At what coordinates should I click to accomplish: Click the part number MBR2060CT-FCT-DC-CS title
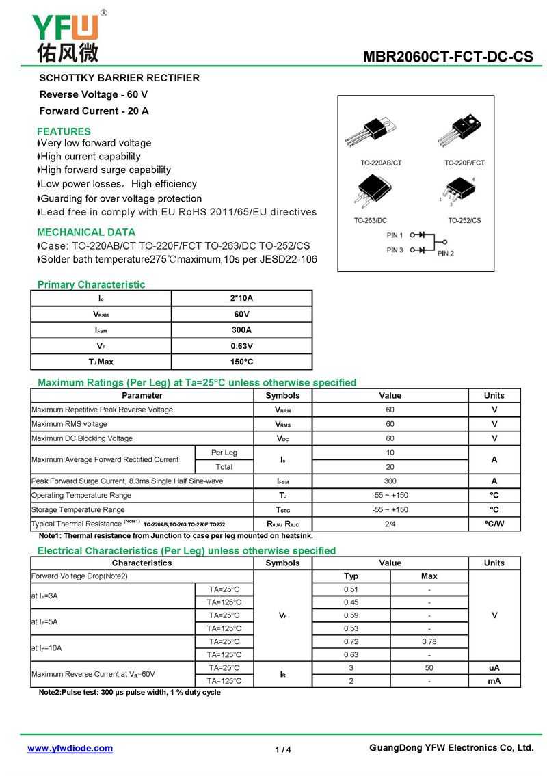click(448, 57)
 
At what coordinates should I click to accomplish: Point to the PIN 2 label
click(446, 254)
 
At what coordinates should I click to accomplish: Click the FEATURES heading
click(64, 131)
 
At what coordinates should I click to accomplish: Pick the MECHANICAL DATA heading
click(86, 232)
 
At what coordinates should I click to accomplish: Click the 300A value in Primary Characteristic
click(241, 330)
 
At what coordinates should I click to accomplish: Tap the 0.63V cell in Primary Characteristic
click(241, 346)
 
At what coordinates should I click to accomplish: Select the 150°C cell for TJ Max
click(241, 362)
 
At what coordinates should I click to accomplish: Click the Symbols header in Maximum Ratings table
click(282, 395)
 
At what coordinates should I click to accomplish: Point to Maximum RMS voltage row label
click(69, 424)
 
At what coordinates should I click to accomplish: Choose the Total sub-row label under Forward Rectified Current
click(224, 467)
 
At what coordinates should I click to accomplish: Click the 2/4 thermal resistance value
click(390, 524)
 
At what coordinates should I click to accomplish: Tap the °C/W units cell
click(494, 524)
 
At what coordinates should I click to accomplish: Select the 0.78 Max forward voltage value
click(429, 642)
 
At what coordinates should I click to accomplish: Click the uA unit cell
click(494, 668)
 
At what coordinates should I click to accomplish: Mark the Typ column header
click(351, 576)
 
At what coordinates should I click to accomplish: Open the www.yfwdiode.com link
click(70, 749)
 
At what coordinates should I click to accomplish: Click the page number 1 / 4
click(283, 750)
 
